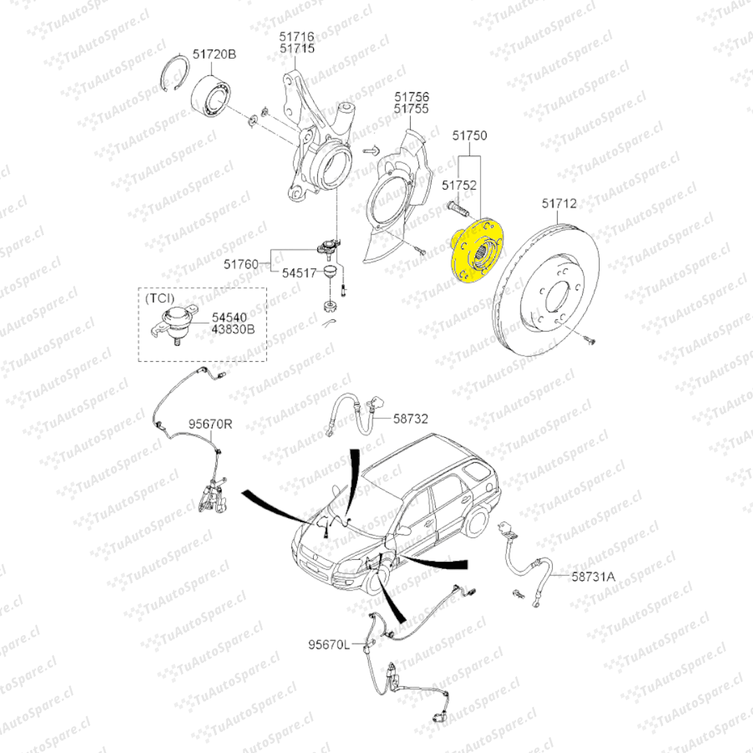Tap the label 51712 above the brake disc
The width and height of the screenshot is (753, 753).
tap(559, 204)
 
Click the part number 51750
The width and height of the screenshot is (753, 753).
tap(470, 135)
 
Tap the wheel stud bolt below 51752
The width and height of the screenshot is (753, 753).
tap(457, 208)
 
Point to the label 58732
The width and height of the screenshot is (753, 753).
tap(411, 419)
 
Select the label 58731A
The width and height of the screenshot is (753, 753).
tap(594, 576)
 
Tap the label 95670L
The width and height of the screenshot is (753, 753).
tap(328, 645)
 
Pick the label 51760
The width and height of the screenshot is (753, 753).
tap(241, 264)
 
